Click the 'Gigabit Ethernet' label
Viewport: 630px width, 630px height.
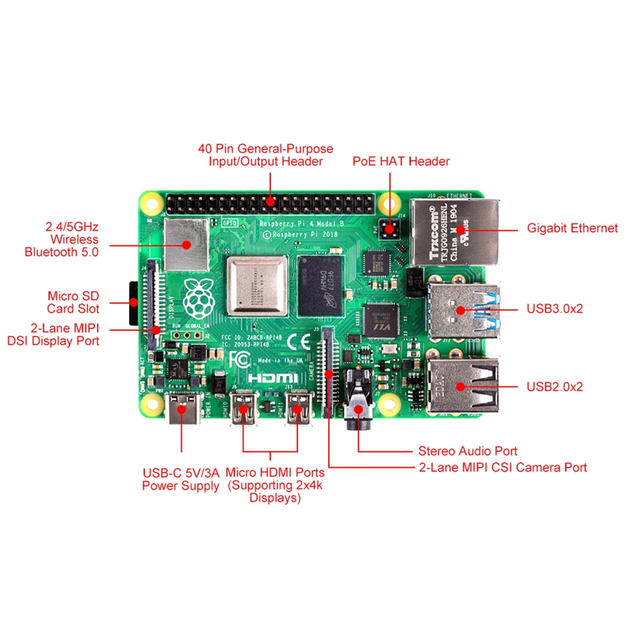572,228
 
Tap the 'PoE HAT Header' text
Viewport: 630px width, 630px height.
401,161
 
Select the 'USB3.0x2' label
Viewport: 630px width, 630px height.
555,308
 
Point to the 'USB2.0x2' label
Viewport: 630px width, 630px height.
555,387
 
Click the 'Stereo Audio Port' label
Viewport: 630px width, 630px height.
468,451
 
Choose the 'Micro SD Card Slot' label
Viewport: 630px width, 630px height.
73,303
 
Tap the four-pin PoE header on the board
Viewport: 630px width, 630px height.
391,230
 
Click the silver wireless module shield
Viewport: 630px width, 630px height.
186,244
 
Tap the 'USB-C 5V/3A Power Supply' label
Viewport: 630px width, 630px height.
181,479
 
